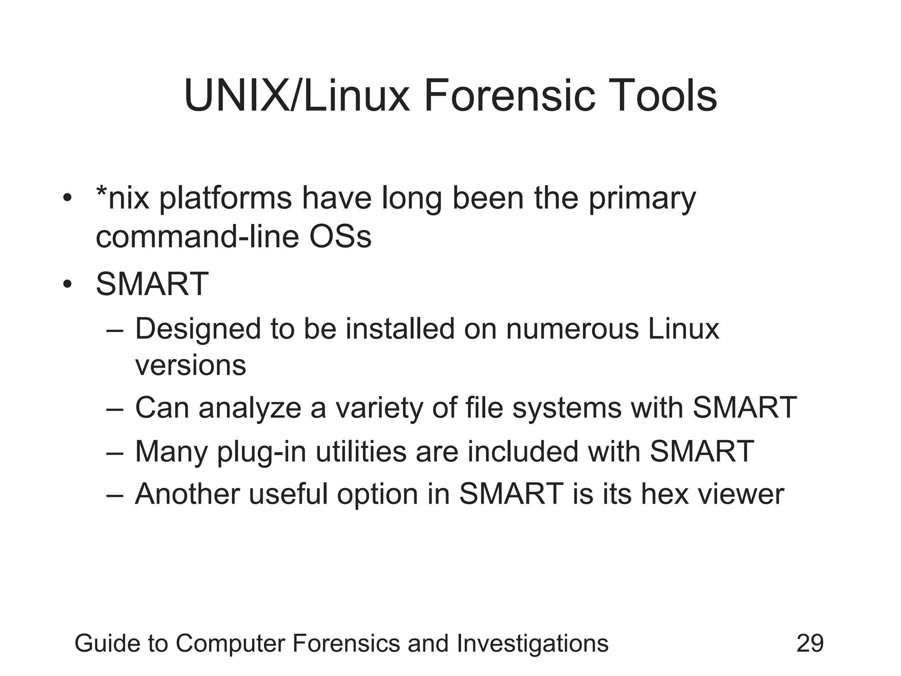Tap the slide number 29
[x=810, y=643]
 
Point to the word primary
[x=642, y=199]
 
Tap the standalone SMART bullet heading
[x=152, y=284]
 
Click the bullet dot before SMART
[x=66, y=285]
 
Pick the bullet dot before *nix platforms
[x=66, y=198]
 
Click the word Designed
[x=198, y=330]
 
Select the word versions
[x=190, y=365]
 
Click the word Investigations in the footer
[x=532, y=644]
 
